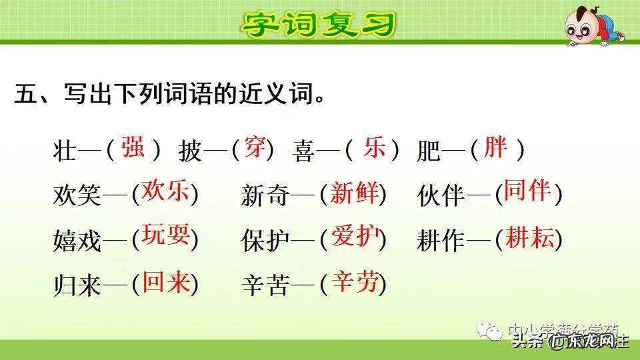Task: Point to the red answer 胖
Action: click(x=495, y=147)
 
